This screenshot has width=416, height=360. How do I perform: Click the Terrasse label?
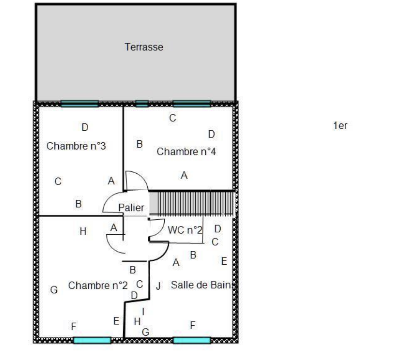(x=144, y=47)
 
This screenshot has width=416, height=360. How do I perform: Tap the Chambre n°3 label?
(x=76, y=146)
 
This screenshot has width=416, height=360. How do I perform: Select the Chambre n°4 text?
(x=186, y=152)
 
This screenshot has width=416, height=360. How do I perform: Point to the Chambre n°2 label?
(x=98, y=286)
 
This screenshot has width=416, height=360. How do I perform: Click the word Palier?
(x=131, y=208)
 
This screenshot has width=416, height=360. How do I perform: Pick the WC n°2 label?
(x=185, y=230)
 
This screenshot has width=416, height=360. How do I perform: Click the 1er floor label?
(x=340, y=126)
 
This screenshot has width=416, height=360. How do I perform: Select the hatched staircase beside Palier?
(x=192, y=203)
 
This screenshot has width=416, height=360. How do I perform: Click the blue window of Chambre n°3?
(x=80, y=104)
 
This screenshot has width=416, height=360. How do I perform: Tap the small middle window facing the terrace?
(x=142, y=104)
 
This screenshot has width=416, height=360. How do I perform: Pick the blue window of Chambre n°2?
(x=92, y=340)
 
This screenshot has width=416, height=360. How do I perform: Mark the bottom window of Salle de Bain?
(x=192, y=340)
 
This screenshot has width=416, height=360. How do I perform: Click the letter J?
(x=158, y=286)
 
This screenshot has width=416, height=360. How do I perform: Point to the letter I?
(x=143, y=312)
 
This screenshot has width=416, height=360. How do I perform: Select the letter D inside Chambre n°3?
(x=85, y=127)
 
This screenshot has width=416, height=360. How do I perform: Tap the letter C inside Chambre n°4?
(x=173, y=118)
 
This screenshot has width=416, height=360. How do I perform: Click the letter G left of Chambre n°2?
(x=54, y=290)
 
